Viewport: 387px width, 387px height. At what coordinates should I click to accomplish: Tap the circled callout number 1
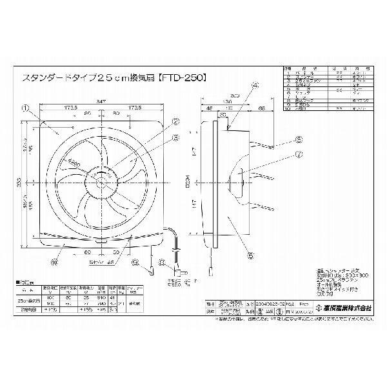(25, 108)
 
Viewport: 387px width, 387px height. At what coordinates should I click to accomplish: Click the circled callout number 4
(254, 85)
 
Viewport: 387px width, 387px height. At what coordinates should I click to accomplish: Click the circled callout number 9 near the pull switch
(135, 262)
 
